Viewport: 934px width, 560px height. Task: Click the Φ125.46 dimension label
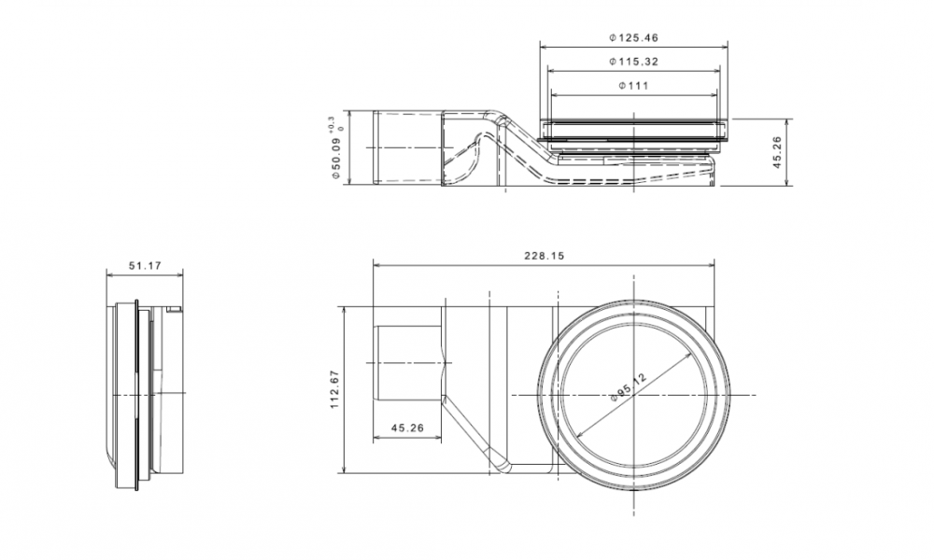(x=633, y=38)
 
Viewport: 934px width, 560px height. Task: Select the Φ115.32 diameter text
(x=633, y=62)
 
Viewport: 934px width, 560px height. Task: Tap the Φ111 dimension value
(x=633, y=86)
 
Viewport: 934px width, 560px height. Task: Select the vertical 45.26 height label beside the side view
(x=777, y=151)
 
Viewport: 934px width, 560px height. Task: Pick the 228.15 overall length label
(x=544, y=256)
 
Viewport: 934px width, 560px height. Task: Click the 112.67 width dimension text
(x=334, y=390)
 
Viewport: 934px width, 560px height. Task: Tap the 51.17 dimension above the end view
(x=146, y=266)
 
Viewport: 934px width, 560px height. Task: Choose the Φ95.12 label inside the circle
(x=629, y=386)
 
